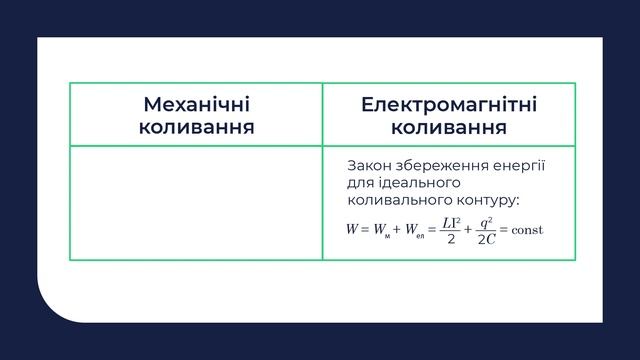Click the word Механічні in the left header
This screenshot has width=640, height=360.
tap(196, 105)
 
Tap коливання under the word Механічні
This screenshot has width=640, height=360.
tap(196, 127)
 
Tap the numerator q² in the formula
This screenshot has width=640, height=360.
tap(485, 221)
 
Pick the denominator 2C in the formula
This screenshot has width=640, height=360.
tap(485, 239)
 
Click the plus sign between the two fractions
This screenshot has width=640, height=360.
tap(467, 229)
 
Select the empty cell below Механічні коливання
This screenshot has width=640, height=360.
tap(196, 203)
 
